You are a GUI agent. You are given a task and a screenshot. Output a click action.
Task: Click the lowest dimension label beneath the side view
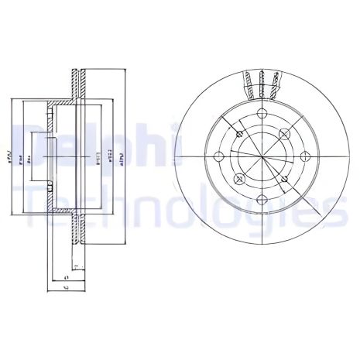pos(67,287)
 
